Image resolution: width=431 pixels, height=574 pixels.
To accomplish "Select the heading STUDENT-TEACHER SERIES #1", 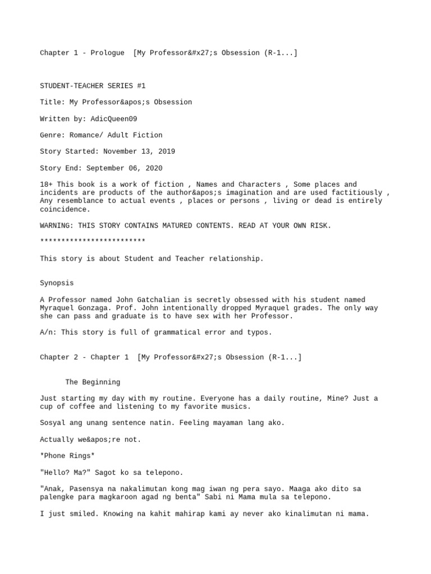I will (93, 86).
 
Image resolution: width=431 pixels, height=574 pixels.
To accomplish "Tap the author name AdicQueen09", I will (113, 119).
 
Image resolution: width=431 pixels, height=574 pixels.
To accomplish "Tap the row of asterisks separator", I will (93, 242).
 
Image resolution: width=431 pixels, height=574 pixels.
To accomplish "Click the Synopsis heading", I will (57, 283).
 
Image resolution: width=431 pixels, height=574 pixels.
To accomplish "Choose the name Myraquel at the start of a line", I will (57, 308).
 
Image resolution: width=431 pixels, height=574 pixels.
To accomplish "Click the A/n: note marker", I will (48, 332).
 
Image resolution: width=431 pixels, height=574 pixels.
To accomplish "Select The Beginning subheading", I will (93, 382).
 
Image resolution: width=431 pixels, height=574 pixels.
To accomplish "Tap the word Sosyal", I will (53, 423).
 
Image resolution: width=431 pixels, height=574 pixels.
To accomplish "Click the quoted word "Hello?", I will (57, 473).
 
